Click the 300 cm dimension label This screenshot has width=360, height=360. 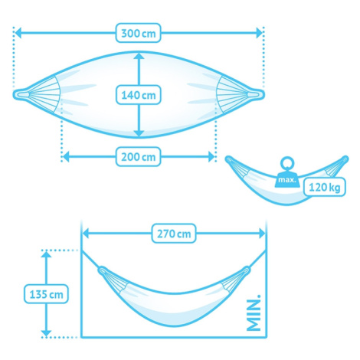tap(138, 33)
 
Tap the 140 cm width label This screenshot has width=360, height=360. tap(138, 95)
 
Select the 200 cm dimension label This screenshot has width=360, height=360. tap(138, 156)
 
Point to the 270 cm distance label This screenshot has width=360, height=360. tap(174, 234)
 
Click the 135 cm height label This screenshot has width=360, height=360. tap(46, 294)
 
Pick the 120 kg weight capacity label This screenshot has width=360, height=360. tap(325, 187)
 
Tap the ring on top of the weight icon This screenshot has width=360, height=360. tap(287, 162)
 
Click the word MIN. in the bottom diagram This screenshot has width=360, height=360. tap(254, 313)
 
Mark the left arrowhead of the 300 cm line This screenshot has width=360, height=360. tap(18, 33)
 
